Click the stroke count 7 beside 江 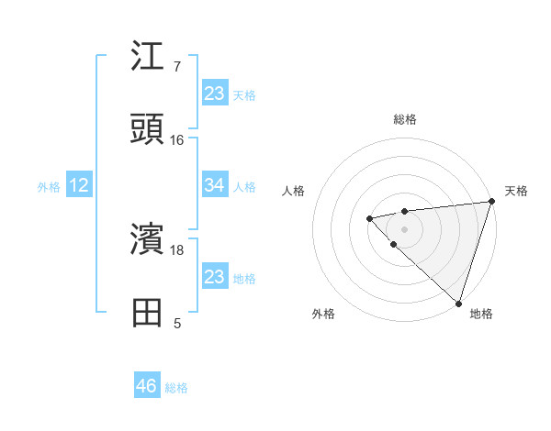pos(177,67)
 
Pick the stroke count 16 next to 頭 pos(177,140)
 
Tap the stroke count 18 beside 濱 pos(177,249)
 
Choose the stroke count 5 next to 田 pos(177,323)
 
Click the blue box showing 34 pos(214,185)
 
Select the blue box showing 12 pos(79,185)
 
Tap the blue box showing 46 pos(147,386)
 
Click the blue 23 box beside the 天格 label pos(214,93)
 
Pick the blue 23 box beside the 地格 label pos(214,276)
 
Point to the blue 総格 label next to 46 pos(176,388)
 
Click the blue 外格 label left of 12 pos(49,187)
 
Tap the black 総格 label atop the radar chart pos(404,119)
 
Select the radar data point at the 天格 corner pos(491,202)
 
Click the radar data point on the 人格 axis pos(369,218)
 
